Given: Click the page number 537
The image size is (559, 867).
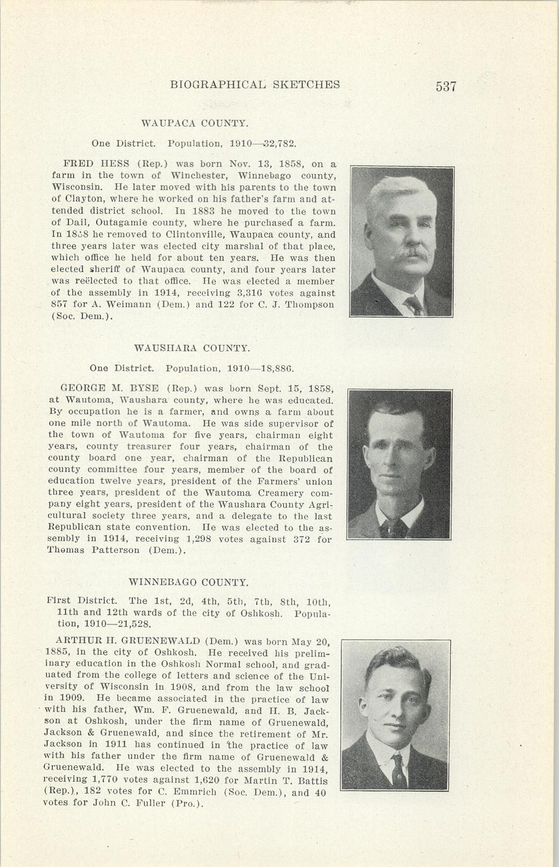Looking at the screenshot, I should tap(445, 86).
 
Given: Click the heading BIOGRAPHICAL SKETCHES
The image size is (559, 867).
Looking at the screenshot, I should tap(255, 85).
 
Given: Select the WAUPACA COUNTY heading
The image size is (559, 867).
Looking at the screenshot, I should tap(194, 123).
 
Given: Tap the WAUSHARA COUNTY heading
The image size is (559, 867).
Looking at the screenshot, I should tap(192, 347).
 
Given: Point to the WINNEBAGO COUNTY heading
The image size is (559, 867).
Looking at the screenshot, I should tap(188, 582).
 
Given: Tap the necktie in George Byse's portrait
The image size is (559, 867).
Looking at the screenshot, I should tap(394, 526).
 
